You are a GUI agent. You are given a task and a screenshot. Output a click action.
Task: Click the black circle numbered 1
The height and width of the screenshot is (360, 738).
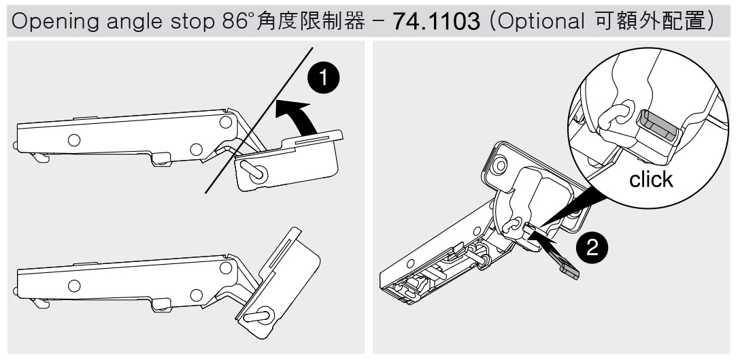tap(323, 78)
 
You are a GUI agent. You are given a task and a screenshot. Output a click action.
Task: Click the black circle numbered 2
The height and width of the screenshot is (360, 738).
tap(592, 248)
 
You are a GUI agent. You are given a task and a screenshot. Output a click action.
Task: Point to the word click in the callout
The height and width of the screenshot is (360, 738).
tap(651, 180)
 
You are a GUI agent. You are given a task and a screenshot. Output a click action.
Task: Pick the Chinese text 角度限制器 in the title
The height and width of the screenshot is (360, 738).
tap(311, 21)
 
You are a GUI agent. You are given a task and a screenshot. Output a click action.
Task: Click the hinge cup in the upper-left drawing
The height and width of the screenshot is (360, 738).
tap(288, 162)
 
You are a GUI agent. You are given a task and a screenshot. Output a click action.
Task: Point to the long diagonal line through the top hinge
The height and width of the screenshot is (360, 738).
tap(259, 120)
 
